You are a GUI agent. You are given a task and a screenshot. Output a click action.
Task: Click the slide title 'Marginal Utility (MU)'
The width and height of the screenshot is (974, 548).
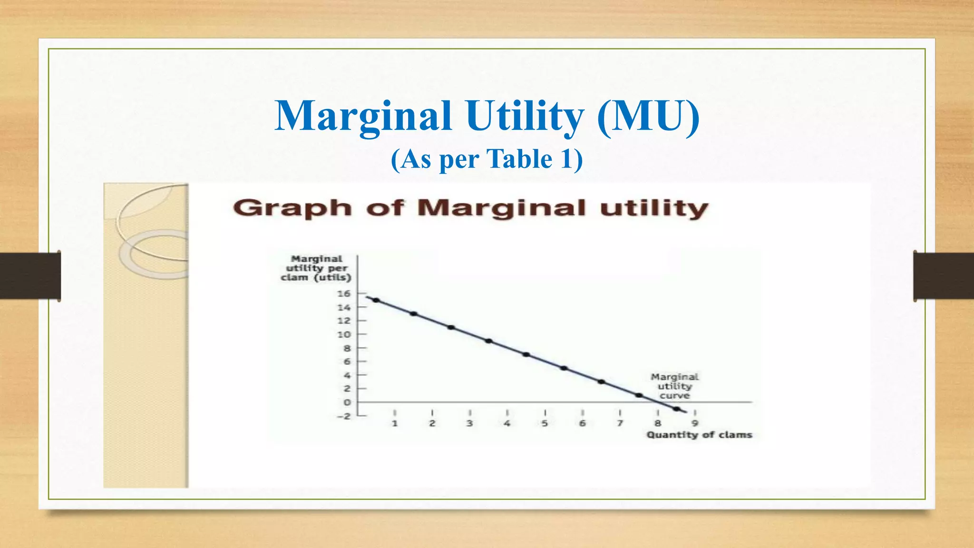tap(487, 116)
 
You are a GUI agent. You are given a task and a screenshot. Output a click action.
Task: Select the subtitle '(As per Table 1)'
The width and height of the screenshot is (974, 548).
tap(487, 159)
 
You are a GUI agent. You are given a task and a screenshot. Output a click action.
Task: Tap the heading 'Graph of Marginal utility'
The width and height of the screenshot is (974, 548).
tap(471, 208)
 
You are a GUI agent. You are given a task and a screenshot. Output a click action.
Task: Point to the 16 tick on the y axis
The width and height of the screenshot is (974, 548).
tap(344, 294)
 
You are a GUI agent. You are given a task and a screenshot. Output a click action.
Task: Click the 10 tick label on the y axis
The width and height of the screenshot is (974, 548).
tap(344, 334)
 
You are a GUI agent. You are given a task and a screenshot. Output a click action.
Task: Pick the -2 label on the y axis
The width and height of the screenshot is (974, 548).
tap(343, 416)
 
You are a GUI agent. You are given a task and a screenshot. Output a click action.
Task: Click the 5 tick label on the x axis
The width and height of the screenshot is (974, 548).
tap(545, 423)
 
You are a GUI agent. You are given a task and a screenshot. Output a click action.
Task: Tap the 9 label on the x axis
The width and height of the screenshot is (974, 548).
tap(695, 423)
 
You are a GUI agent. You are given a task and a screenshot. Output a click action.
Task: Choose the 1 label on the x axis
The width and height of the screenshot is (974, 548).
tap(394, 423)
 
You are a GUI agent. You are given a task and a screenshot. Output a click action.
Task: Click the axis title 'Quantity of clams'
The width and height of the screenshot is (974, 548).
tap(699, 435)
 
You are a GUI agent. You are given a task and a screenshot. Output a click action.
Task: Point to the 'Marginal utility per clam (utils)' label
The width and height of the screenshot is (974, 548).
tap(316, 268)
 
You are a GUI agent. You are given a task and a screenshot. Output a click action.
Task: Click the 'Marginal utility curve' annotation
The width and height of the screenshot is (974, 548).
tap(674, 386)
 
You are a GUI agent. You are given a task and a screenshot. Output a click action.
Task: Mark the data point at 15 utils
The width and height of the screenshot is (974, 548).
tap(376, 300)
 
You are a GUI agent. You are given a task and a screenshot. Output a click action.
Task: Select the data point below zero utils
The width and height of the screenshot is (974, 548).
tap(676, 409)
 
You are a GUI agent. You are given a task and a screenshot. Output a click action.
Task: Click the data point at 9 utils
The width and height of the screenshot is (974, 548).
tap(489, 341)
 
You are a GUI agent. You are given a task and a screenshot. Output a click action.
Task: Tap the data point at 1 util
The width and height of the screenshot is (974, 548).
tap(639, 395)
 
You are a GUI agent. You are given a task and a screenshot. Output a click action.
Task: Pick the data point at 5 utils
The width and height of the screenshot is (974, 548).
tap(564, 368)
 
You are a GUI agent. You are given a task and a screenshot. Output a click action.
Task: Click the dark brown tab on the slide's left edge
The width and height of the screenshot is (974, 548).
tap(30, 276)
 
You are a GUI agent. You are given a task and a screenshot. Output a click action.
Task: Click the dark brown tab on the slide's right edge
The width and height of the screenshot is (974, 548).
tap(944, 276)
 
